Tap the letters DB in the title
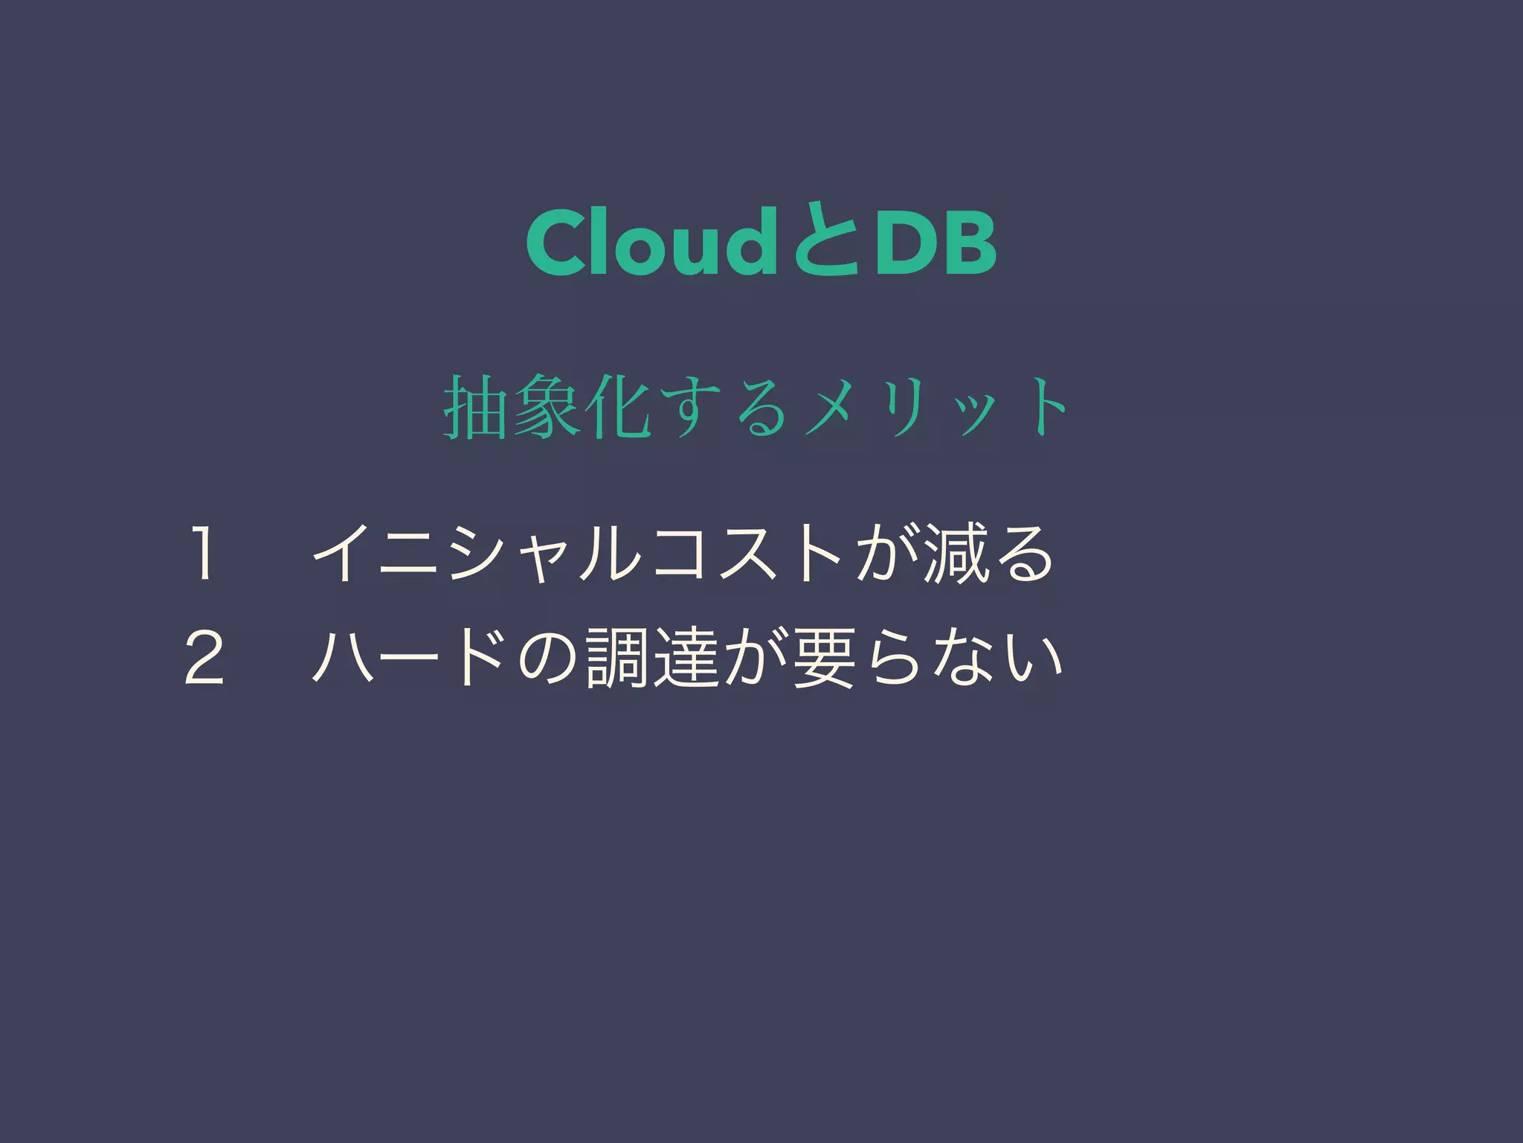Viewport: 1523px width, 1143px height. point(935,243)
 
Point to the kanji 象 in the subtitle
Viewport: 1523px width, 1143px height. point(545,409)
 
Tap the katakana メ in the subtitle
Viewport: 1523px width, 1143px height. point(835,409)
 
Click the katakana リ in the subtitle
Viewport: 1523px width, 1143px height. point(908,409)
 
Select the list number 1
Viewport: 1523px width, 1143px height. point(203,554)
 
